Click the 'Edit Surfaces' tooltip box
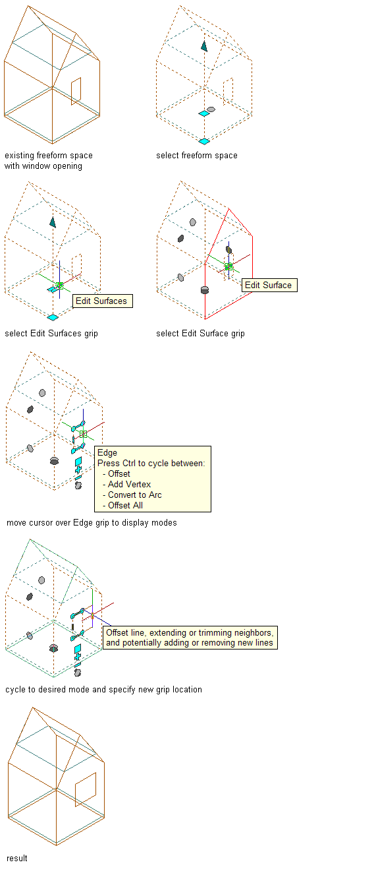coord(103,301)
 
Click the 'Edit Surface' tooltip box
coord(269,285)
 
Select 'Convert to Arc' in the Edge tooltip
coord(134,495)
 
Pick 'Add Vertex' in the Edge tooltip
coord(129,484)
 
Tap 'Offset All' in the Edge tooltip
coord(125,506)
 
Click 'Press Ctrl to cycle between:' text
coord(151,463)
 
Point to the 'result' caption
coord(17,859)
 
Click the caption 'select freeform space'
coord(197,156)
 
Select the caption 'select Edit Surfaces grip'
coord(51,334)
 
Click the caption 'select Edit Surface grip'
coord(200,334)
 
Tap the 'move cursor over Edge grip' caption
coord(92,523)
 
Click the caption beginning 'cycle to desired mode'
coord(103,690)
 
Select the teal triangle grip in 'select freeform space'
coord(204,46)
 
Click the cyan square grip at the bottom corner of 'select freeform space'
coord(204,141)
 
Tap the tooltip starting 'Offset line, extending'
coord(190,638)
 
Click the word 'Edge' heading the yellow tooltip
coord(107,452)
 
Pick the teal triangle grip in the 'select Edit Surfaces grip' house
coord(53,222)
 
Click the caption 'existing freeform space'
coord(49,156)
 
